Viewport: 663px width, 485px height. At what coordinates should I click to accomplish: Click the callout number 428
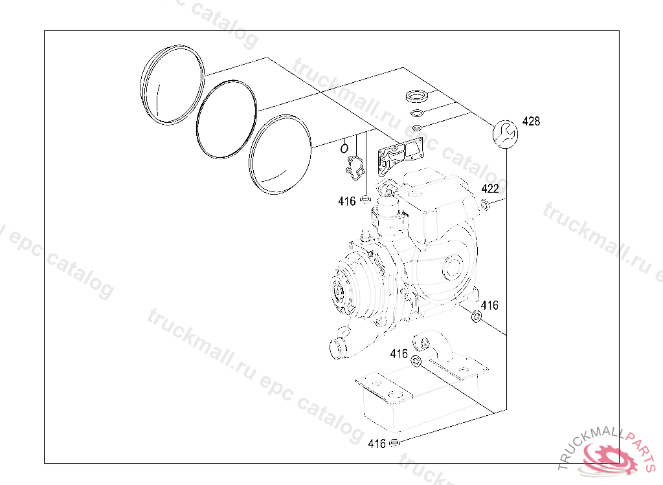(531, 122)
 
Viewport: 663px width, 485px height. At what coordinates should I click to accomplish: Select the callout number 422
(490, 189)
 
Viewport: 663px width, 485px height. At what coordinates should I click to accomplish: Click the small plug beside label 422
(484, 206)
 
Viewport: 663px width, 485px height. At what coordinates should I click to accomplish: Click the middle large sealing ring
(227, 119)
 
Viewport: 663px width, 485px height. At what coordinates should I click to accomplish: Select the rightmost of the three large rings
(280, 154)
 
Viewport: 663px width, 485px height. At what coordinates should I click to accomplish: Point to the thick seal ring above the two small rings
(416, 98)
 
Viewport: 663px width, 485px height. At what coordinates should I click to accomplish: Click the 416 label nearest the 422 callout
(489, 305)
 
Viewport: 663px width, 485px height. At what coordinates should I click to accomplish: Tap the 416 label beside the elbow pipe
(399, 354)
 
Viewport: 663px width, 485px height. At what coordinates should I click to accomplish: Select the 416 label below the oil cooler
(377, 444)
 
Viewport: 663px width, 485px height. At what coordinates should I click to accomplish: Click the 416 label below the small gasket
(347, 201)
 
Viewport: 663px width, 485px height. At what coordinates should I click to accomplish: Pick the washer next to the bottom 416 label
(396, 443)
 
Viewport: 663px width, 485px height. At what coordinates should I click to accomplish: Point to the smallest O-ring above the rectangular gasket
(418, 126)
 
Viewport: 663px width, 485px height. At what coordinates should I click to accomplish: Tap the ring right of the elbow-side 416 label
(417, 360)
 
